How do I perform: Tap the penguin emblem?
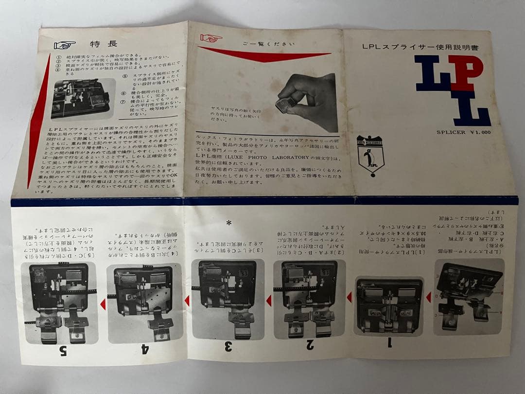point(370,156)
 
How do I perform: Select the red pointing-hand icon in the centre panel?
point(211,38)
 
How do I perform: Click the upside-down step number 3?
point(228,347)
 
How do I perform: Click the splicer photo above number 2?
point(309,298)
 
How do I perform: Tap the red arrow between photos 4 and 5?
point(103,304)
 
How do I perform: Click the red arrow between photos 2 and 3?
point(268,301)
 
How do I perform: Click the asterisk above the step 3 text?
point(228,223)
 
